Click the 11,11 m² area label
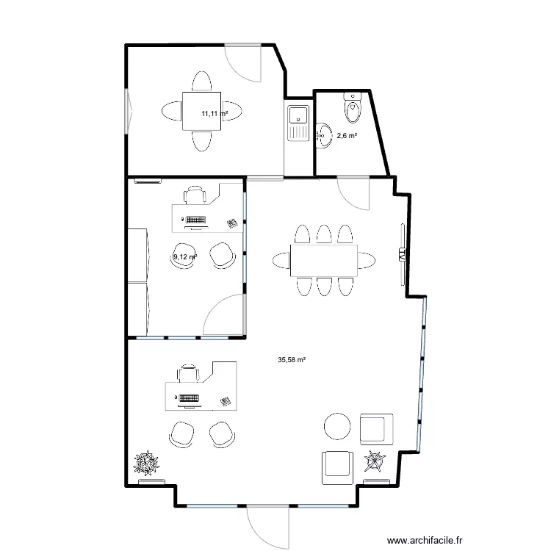tap(215, 113)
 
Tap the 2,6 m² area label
tap(347, 135)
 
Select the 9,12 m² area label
tap(185, 257)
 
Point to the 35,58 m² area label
tap(292, 359)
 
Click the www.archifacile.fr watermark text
tap(425, 540)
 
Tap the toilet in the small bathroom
tap(353, 108)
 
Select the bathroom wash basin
tap(324, 135)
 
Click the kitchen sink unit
tap(298, 123)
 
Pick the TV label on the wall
tap(402, 254)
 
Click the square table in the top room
tap(202, 111)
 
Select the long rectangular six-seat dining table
tap(324, 260)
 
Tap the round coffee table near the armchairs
tap(337, 426)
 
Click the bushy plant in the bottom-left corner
tap(146, 463)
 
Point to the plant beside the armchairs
tap(375, 461)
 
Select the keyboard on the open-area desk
tap(189, 398)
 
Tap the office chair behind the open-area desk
tap(188, 373)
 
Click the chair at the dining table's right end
tap(367, 260)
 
